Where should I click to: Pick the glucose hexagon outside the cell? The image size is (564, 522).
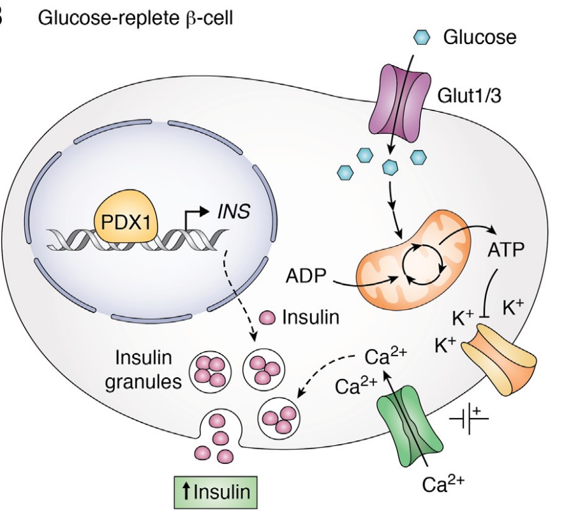(422, 38)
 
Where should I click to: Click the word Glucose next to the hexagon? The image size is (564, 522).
(479, 38)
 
